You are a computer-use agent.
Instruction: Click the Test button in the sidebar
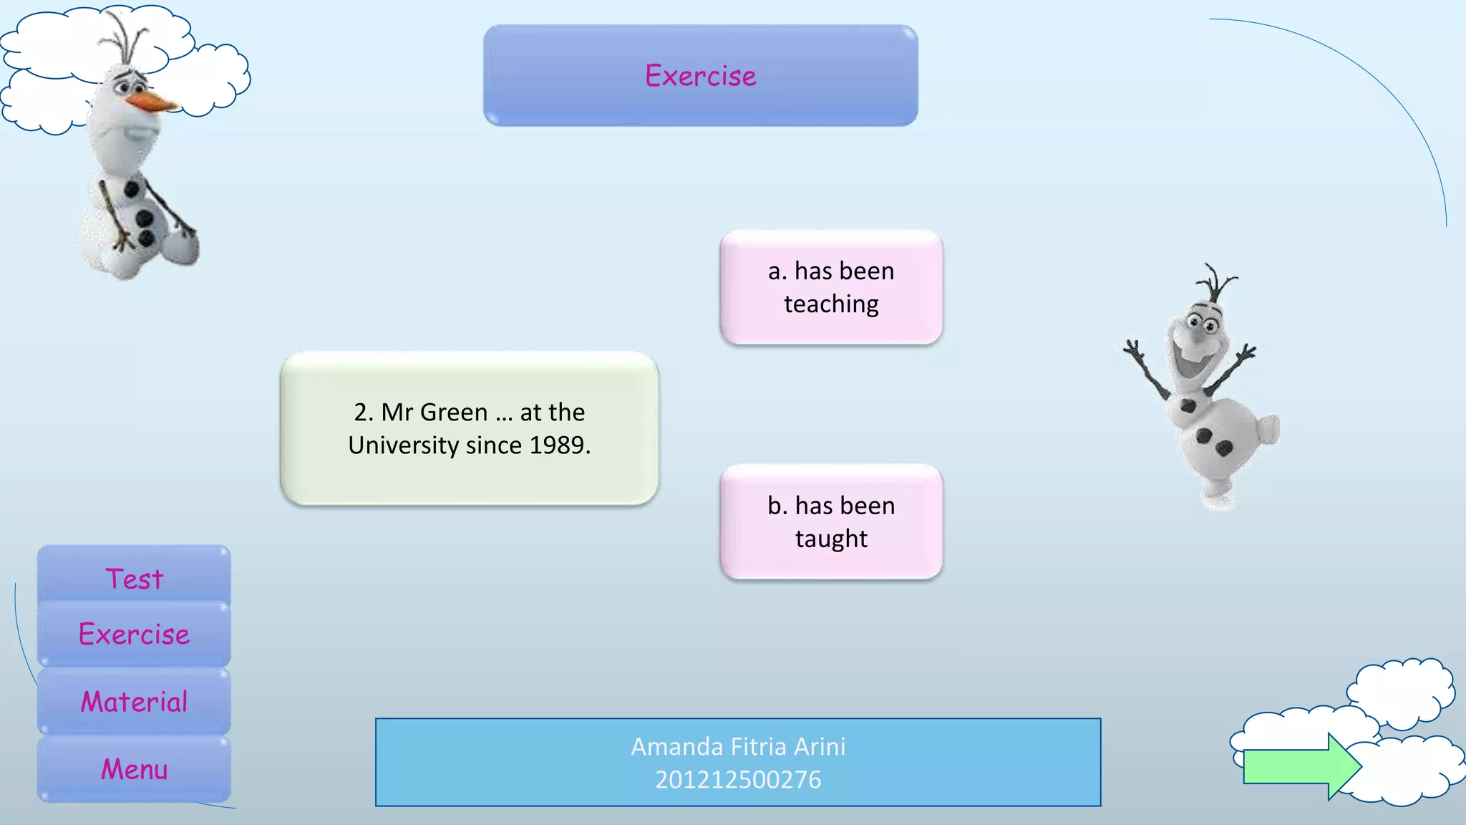tap(134, 577)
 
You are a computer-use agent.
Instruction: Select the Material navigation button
tap(134, 701)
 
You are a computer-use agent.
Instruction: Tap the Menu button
tap(134, 768)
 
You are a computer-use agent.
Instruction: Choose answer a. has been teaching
tap(831, 287)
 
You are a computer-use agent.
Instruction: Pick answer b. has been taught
tap(831, 522)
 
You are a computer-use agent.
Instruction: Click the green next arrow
tap(1300, 766)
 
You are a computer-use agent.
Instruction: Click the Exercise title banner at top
tap(700, 76)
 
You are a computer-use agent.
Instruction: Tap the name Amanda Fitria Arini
tap(738, 746)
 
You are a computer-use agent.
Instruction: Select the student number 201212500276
tap(738, 779)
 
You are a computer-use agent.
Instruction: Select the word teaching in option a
tap(831, 304)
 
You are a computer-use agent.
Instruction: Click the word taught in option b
tap(831, 539)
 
